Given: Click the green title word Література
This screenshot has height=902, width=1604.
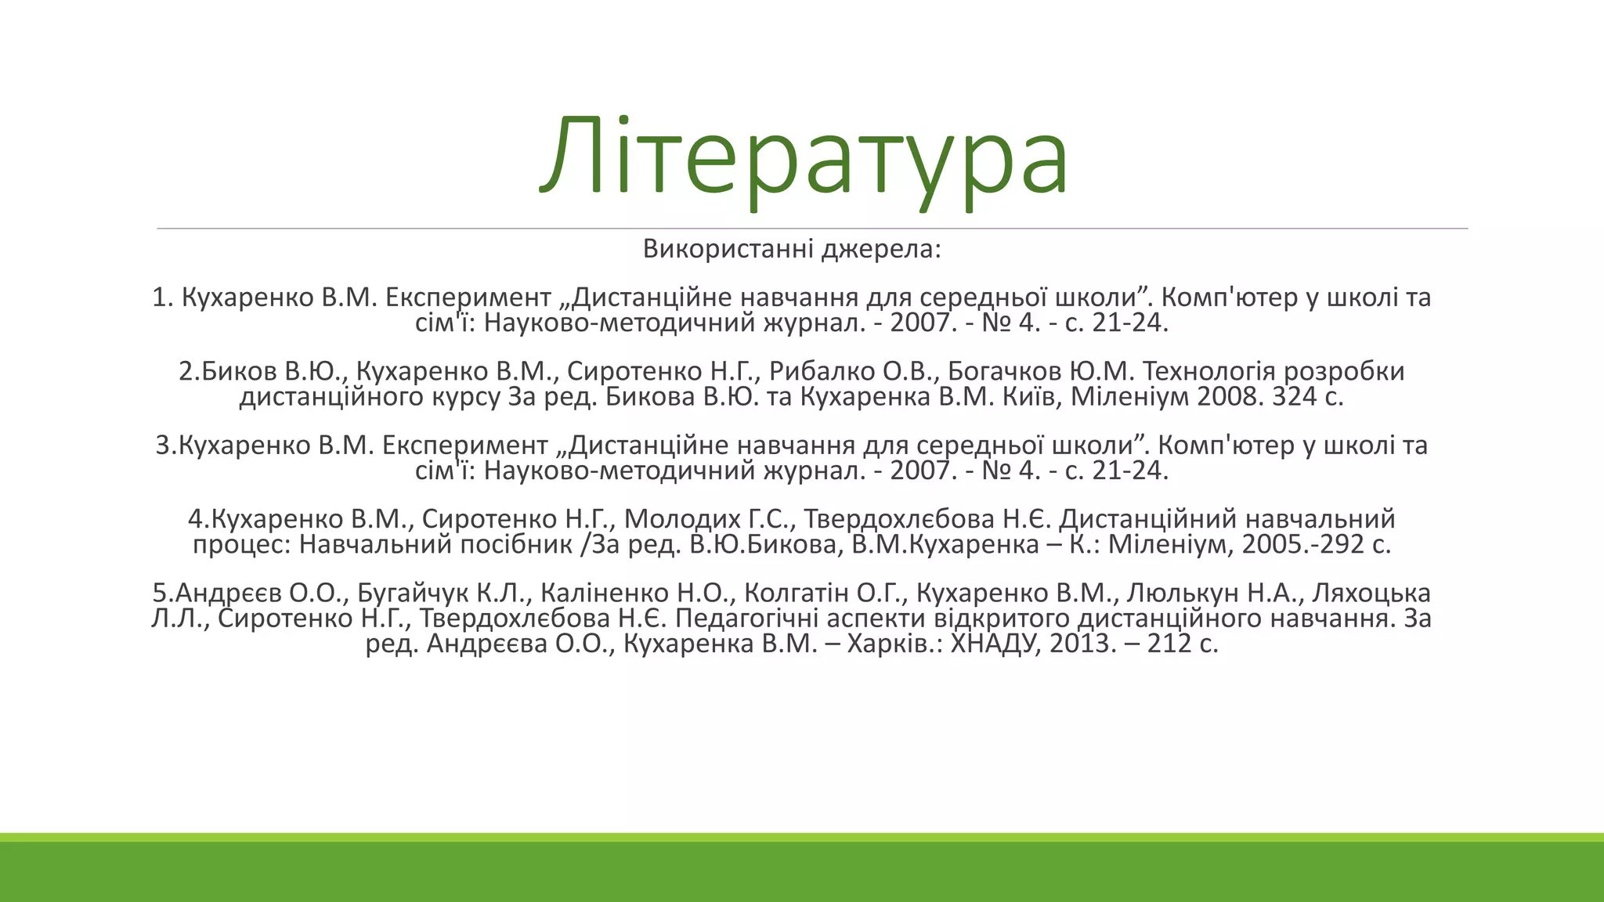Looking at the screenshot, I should coord(804,157).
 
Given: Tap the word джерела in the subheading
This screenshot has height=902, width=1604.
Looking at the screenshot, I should coord(880,249).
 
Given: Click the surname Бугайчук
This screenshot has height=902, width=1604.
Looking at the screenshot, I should coord(413,594).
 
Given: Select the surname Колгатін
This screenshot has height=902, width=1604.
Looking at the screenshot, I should coord(802,594).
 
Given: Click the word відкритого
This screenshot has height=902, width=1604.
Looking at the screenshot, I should coord(1002,619).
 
